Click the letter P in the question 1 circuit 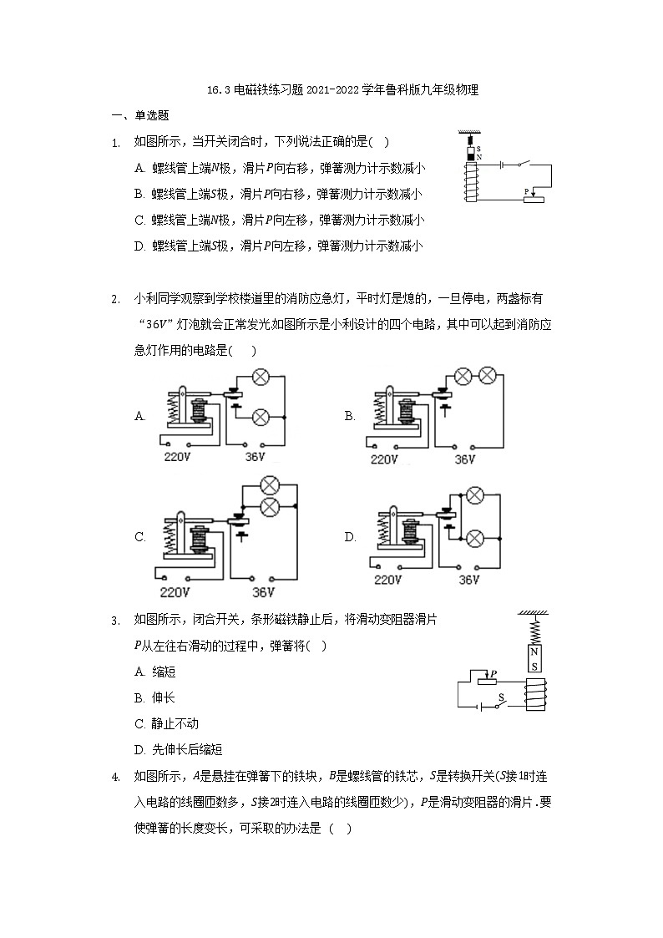tap(527, 191)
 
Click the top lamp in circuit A tap(260, 378)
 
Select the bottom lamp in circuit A tap(260, 415)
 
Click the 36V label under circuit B tap(465, 459)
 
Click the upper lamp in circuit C tap(269, 485)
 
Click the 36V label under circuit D tap(469, 579)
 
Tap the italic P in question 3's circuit tap(494, 673)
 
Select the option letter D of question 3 tap(139, 750)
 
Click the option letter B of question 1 tap(139, 194)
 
